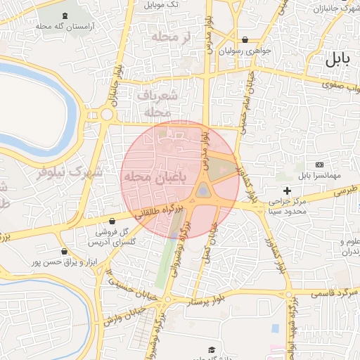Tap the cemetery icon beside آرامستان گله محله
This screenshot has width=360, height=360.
click(65, 15)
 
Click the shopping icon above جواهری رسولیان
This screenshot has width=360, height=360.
click(245, 40)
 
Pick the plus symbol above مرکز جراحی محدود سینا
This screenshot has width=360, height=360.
click(287, 191)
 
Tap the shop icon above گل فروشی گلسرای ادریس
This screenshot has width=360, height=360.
click(112, 220)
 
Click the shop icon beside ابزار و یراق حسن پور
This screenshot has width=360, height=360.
click(65, 251)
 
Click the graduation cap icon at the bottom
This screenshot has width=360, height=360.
click(211, 349)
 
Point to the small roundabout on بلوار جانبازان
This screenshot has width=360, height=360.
click(107, 115)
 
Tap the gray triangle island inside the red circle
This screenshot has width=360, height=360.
click(203, 190)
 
